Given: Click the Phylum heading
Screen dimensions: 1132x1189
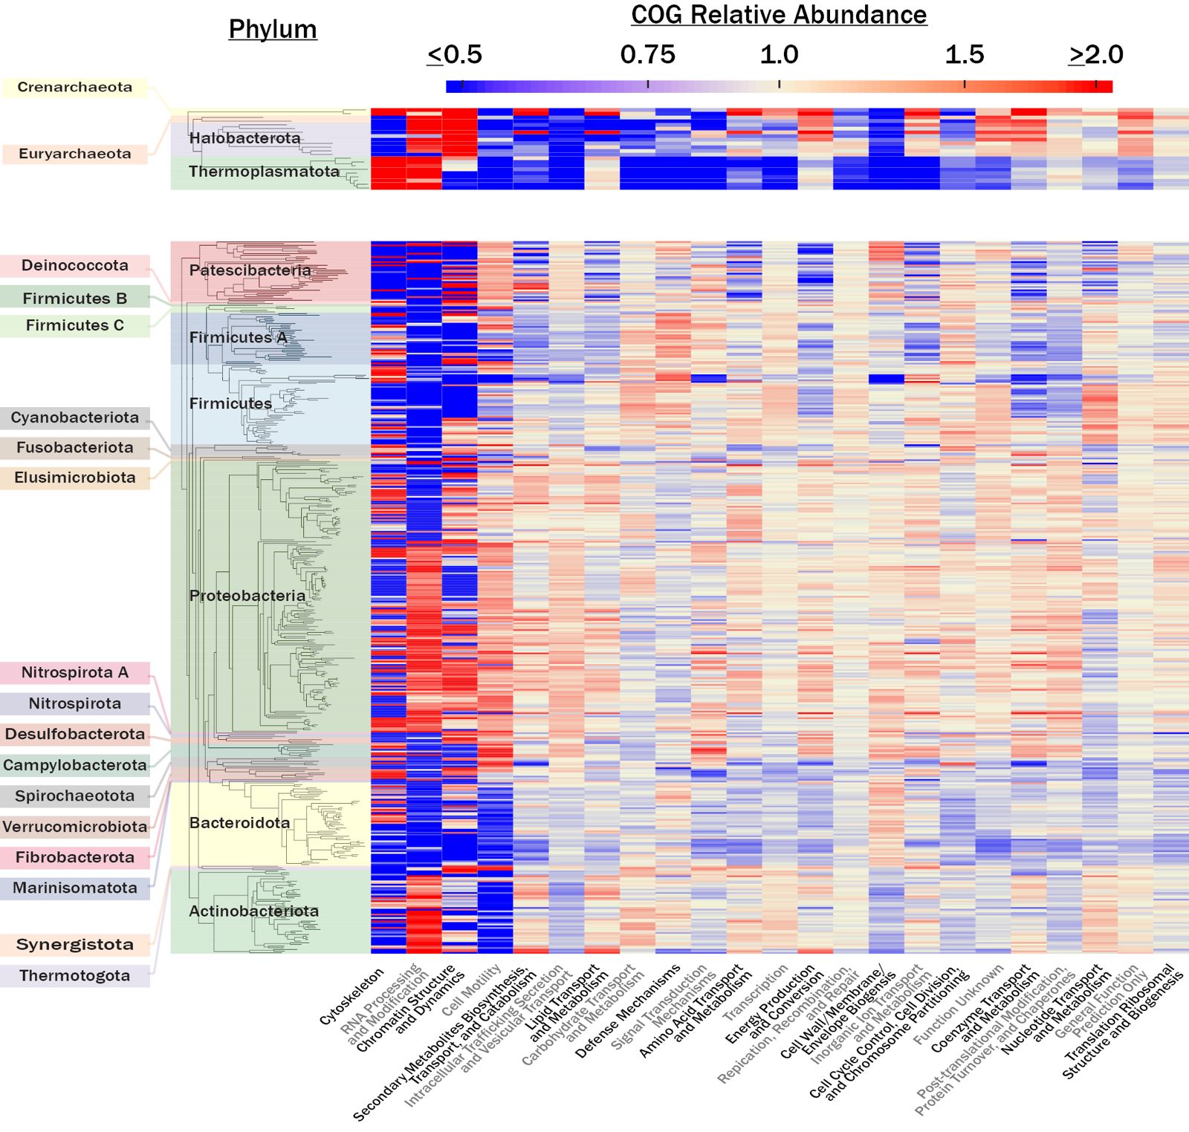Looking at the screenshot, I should coord(273,29).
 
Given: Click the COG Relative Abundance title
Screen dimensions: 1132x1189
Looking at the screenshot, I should coord(779,15).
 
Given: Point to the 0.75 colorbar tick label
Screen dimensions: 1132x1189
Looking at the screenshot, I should coord(647,54).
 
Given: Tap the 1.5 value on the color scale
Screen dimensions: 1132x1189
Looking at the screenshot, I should coord(964,54).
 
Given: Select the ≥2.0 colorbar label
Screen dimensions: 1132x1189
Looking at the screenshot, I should coord(1096,54).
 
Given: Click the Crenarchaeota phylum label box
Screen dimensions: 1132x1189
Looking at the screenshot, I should coord(75,87).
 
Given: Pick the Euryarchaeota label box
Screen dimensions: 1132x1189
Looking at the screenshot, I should coord(75,154).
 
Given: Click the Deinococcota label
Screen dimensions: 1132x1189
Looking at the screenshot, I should coord(75,265).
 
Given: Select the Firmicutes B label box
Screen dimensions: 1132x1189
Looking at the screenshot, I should coord(75,298).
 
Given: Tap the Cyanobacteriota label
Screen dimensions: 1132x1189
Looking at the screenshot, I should coord(75,417).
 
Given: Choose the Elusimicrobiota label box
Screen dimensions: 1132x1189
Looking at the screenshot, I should coord(75,478).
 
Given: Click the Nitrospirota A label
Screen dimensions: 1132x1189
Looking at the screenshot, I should coord(75,672).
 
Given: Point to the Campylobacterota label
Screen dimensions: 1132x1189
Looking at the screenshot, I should coord(75,765).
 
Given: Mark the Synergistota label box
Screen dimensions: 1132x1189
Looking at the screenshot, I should coord(75,944).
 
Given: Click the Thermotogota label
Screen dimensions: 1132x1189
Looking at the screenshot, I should coord(75,975).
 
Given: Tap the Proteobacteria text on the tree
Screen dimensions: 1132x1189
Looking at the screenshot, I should coord(247,596).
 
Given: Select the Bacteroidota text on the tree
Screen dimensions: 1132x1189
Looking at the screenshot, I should coord(239,822).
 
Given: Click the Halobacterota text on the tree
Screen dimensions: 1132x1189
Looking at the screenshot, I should coord(244,138).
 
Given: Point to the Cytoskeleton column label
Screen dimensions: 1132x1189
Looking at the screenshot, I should coord(352,996).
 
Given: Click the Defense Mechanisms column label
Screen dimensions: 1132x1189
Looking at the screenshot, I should coord(628,1012).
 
